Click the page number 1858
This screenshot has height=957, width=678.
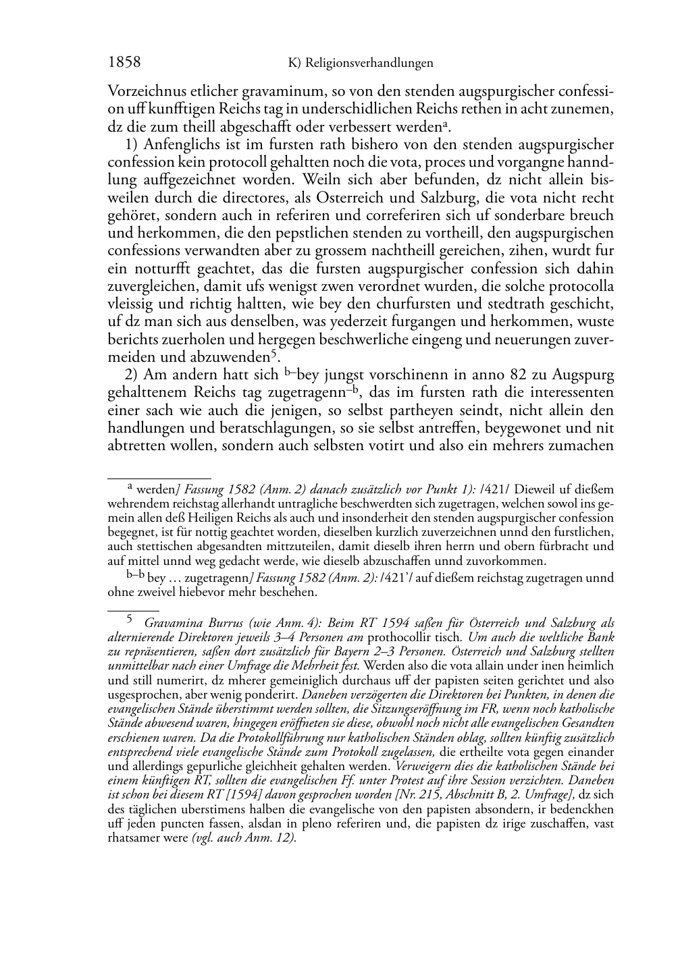point(124,62)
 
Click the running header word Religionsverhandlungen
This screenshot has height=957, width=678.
point(369,63)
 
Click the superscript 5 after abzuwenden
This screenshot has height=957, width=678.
point(274,353)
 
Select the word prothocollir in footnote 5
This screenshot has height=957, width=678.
point(398,637)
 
